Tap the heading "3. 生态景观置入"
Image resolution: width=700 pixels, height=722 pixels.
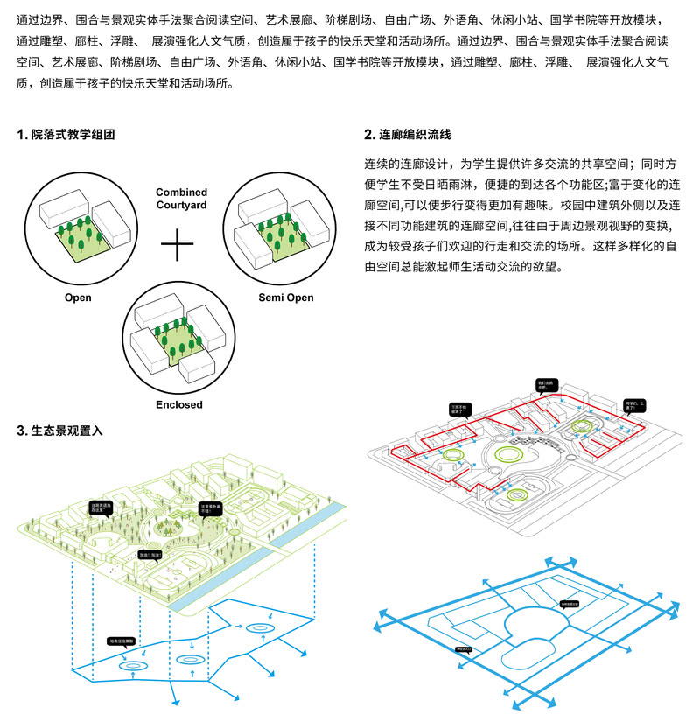coord(59,431)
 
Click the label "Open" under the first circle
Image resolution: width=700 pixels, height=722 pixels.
coord(78,298)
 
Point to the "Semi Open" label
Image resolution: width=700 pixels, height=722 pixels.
coord(286,298)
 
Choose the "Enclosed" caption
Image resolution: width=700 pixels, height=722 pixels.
coord(178,404)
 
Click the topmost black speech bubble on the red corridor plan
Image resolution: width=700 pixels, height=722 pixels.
coord(543,386)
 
